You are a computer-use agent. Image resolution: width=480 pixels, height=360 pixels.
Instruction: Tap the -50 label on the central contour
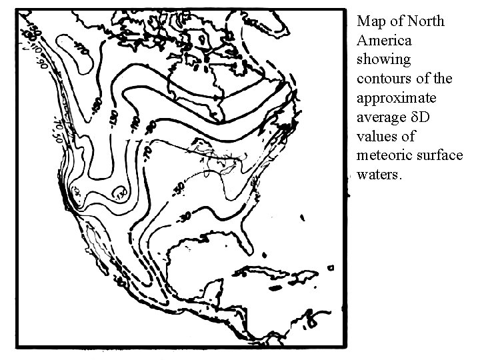179,189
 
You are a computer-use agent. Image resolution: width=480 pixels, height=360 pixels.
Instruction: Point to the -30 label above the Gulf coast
185,217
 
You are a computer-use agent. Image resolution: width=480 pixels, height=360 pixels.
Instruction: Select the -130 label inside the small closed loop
120,194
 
